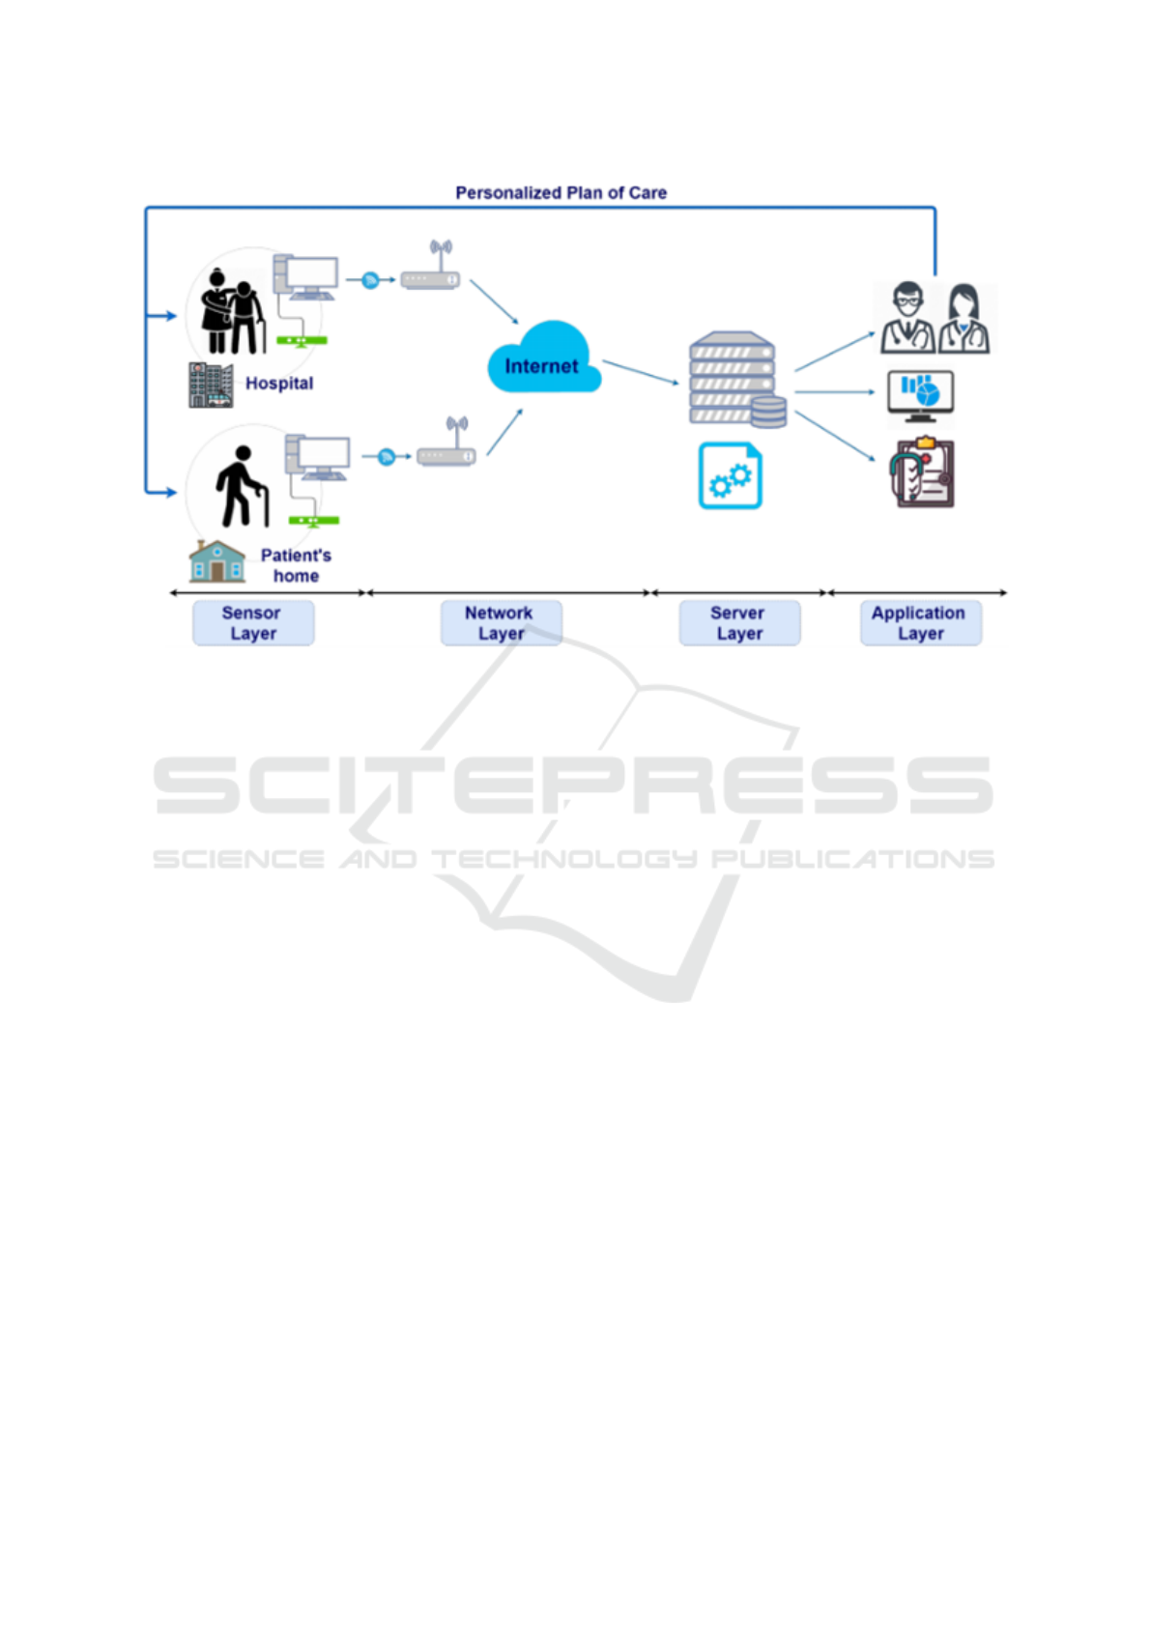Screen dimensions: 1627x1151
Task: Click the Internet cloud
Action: (x=544, y=361)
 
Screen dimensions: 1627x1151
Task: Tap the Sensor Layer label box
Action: (x=252, y=623)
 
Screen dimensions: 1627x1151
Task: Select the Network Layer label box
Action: (x=501, y=623)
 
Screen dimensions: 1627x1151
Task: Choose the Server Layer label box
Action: (x=739, y=623)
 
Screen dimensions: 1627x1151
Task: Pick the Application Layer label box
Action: (x=920, y=623)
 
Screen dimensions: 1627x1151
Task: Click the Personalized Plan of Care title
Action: (x=561, y=192)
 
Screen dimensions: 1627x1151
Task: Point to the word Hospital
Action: (x=279, y=384)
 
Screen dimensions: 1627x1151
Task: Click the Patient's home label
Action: (x=296, y=565)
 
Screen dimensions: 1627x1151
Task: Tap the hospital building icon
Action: (x=211, y=385)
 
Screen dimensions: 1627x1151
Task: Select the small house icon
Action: (x=216, y=561)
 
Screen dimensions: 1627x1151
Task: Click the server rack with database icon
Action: (x=736, y=380)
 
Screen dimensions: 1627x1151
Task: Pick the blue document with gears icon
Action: (x=730, y=475)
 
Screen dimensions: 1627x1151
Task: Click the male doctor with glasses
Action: (x=906, y=317)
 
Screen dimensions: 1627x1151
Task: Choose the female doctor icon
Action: (x=964, y=317)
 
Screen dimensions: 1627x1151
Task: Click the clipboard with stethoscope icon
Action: (x=922, y=472)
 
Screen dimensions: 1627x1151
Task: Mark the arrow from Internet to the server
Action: (x=641, y=372)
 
